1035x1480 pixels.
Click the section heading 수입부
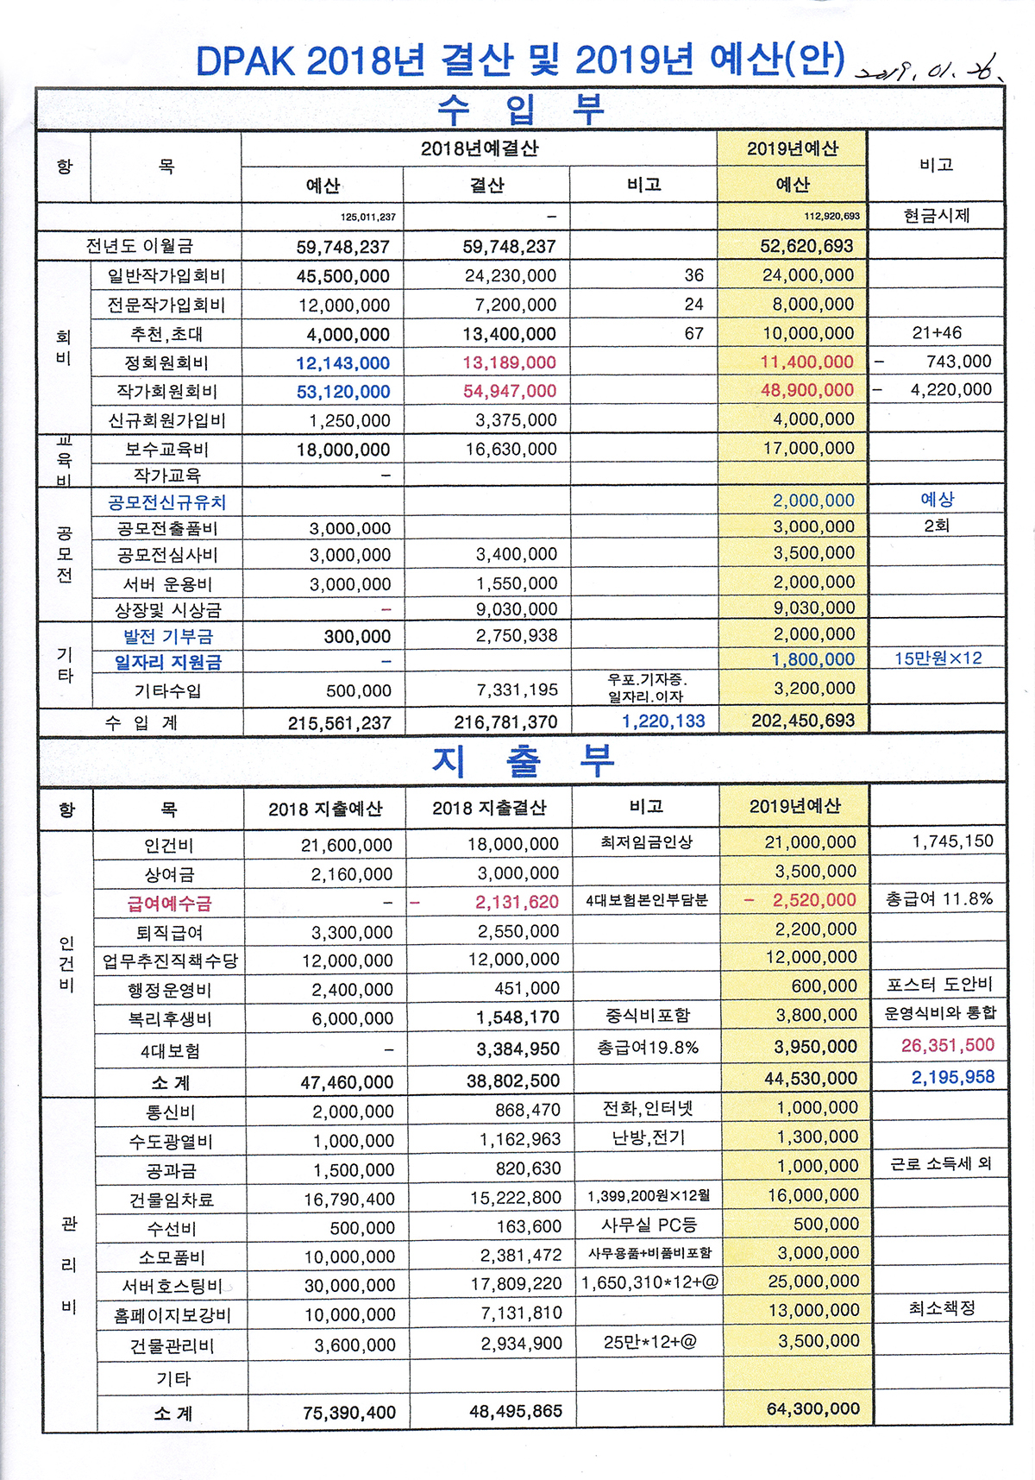pos(520,109)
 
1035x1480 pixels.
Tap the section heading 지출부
pos(523,760)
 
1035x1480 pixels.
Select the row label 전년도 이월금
pos(140,246)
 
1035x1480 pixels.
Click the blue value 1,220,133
pos(663,721)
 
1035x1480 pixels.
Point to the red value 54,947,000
pos(510,391)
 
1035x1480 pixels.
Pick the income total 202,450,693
pos(803,721)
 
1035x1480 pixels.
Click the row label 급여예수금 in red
pos(169,904)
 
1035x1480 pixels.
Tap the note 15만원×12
pos(938,658)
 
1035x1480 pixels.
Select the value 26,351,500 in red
pos(948,1046)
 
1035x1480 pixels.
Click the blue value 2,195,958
pos(953,1077)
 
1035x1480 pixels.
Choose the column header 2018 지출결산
pos(489,808)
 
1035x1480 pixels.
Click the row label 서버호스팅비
pos(172,1286)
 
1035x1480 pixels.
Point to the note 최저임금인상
pos(647,841)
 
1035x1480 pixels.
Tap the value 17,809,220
pos(516,1284)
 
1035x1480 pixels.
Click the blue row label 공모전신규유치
pos(166,502)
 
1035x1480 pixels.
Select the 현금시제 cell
pos(937,215)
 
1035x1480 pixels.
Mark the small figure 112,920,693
pos(831,217)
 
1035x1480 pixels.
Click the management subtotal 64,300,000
pos(813,1409)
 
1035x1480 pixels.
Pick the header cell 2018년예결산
pos(480,148)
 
